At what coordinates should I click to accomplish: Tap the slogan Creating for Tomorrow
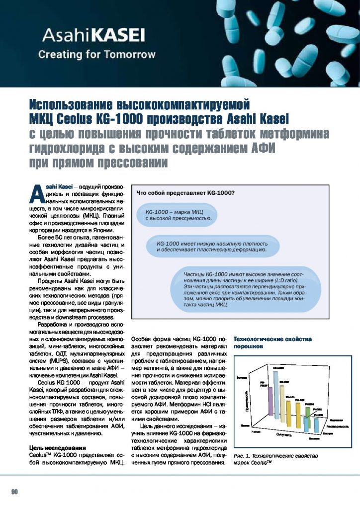pos(97,54)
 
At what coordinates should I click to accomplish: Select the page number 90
pos(14,491)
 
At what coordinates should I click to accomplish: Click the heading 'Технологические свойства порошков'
pos(272,342)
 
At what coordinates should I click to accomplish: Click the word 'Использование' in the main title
pos(72,105)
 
